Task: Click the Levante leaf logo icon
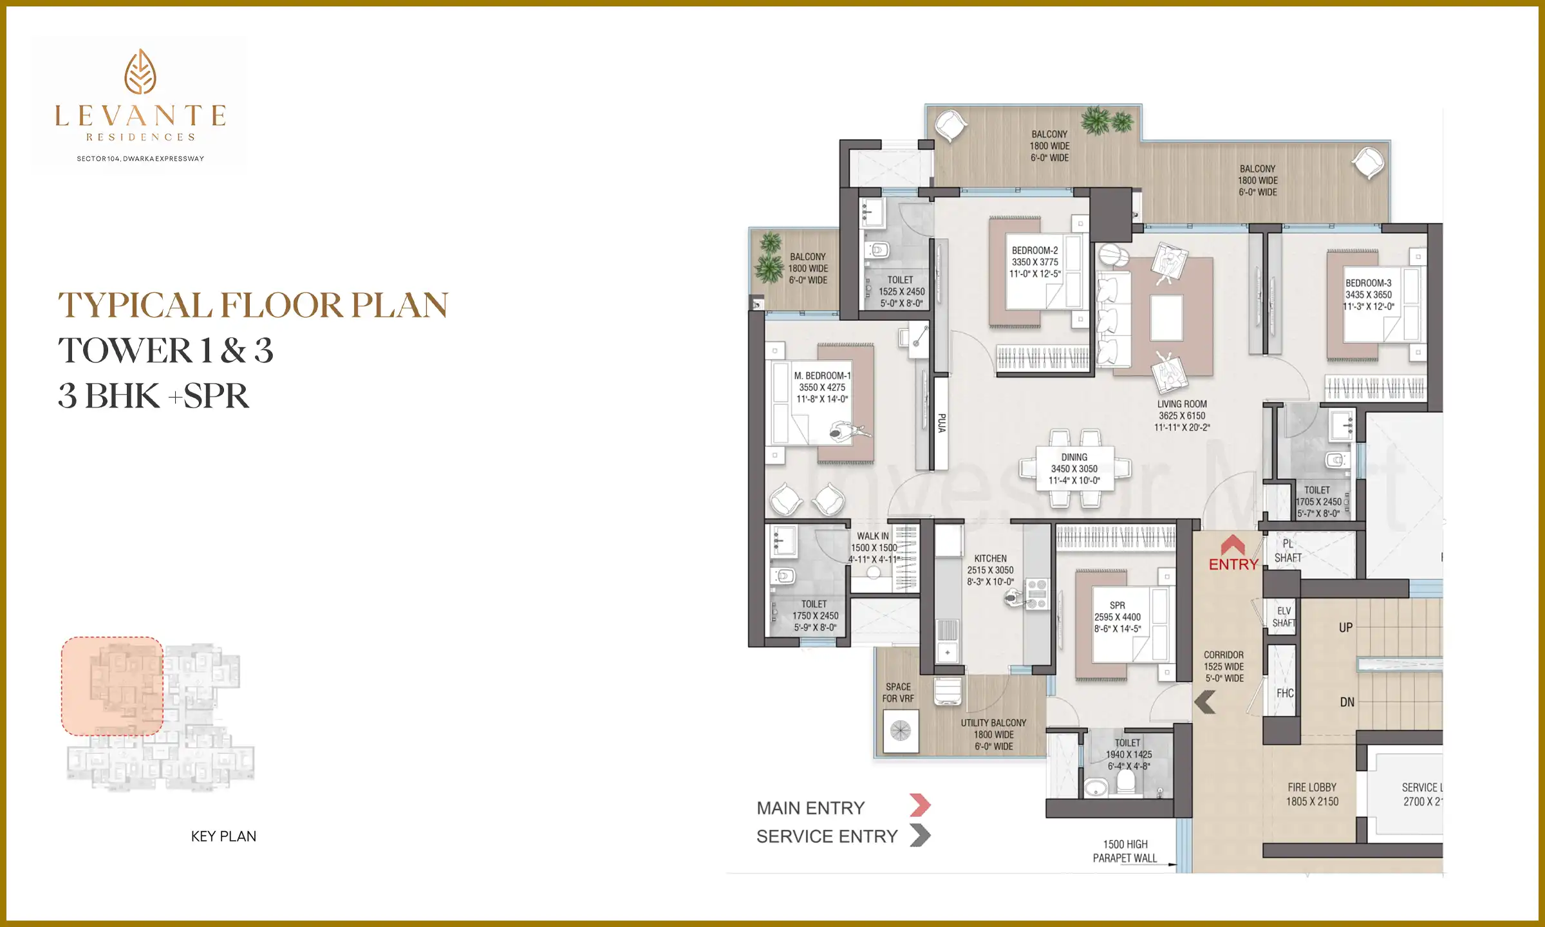(x=140, y=71)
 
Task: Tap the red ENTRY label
(x=1233, y=564)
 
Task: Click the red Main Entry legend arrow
(x=920, y=805)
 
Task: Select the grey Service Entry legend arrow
(x=920, y=836)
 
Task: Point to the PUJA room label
(x=941, y=423)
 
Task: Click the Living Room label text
(x=1182, y=404)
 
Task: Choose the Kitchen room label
(x=990, y=559)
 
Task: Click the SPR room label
(x=1118, y=605)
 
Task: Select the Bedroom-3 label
(x=1368, y=283)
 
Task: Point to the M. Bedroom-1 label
(x=822, y=376)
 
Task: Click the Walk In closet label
(x=873, y=536)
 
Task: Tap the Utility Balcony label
(x=993, y=724)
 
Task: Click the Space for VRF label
(x=898, y=693)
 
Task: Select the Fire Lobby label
(x=1312, y=788)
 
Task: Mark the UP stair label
(x=1345, y=628)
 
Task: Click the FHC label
(x=1285, y=693)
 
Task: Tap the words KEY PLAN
(x=223, y=836)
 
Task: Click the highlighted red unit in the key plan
(x=112, y=686)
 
